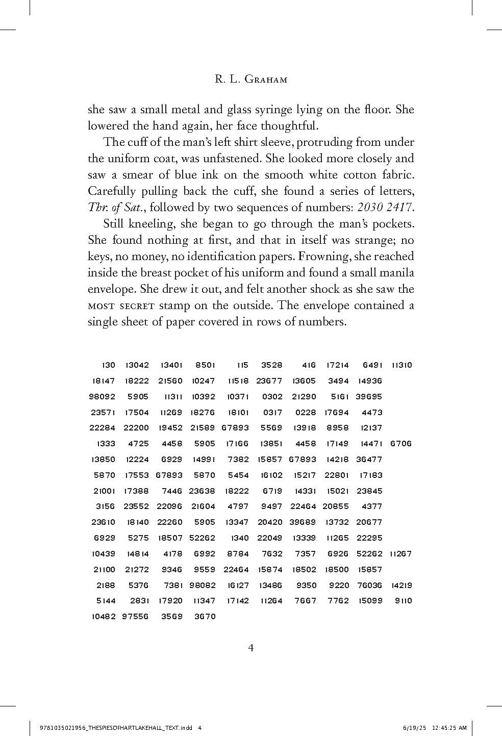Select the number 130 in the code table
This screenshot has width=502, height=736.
click(x=109, y=365)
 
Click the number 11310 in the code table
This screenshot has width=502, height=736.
click(x=402, y=365)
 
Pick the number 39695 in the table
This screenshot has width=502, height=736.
click(x=369, y=396)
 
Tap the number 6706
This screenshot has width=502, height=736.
click(x=400, y=443)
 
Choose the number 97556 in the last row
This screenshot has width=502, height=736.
click(x=135, y=616)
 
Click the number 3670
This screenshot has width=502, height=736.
click(x=205, y=616)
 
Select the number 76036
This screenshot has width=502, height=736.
click(x=370, y=585)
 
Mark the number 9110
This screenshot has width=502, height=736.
click(x=404, y=600)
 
